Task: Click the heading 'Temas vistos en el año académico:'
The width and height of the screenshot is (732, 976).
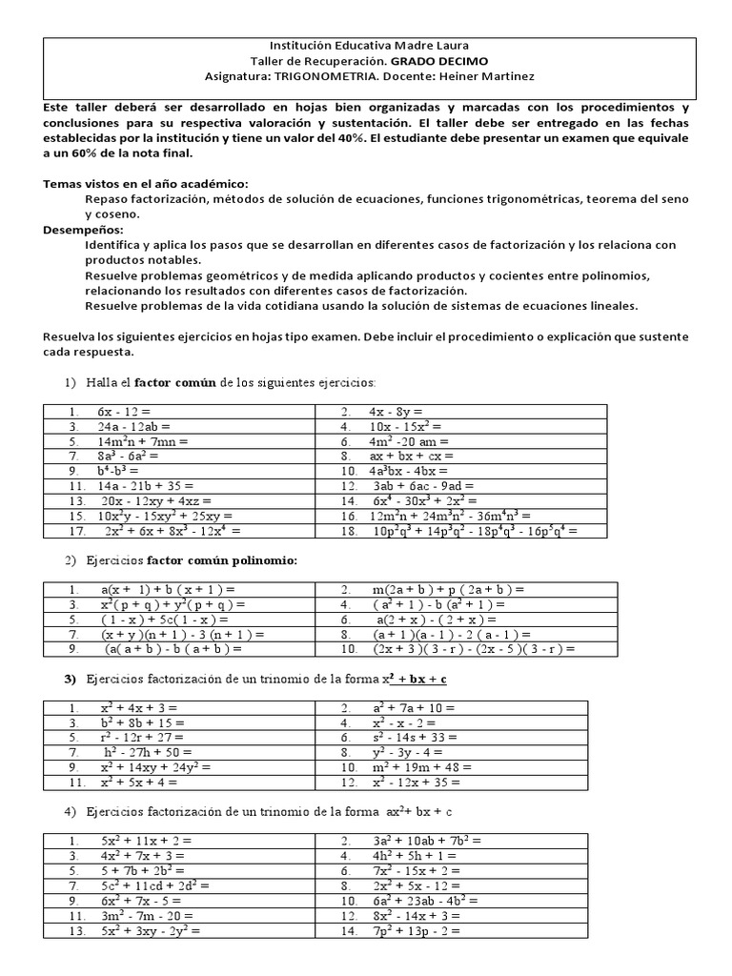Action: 146,183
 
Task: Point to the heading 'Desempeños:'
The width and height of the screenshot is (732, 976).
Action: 83,230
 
